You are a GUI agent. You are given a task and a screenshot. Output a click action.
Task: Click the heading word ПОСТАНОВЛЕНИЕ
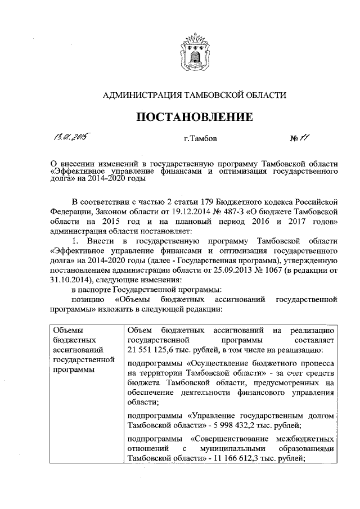192,118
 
